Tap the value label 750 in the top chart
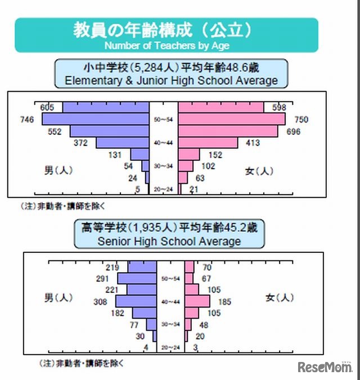pyautogui.click(x=301, y=120)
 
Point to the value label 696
pyautogui.click(x=293, y=132)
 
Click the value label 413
pyautogui.click(x=253, y=143)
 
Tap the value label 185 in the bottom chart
pyautogui.click(x=224, y=302)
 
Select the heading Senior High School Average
pyautogui.click(x=169, y=242)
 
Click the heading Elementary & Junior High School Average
pyautogui.click(x=171, y=80)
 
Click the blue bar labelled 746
pyautogui.click(x=96, y=119)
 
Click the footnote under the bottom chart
pyautogui.click(x=81, y=363)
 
